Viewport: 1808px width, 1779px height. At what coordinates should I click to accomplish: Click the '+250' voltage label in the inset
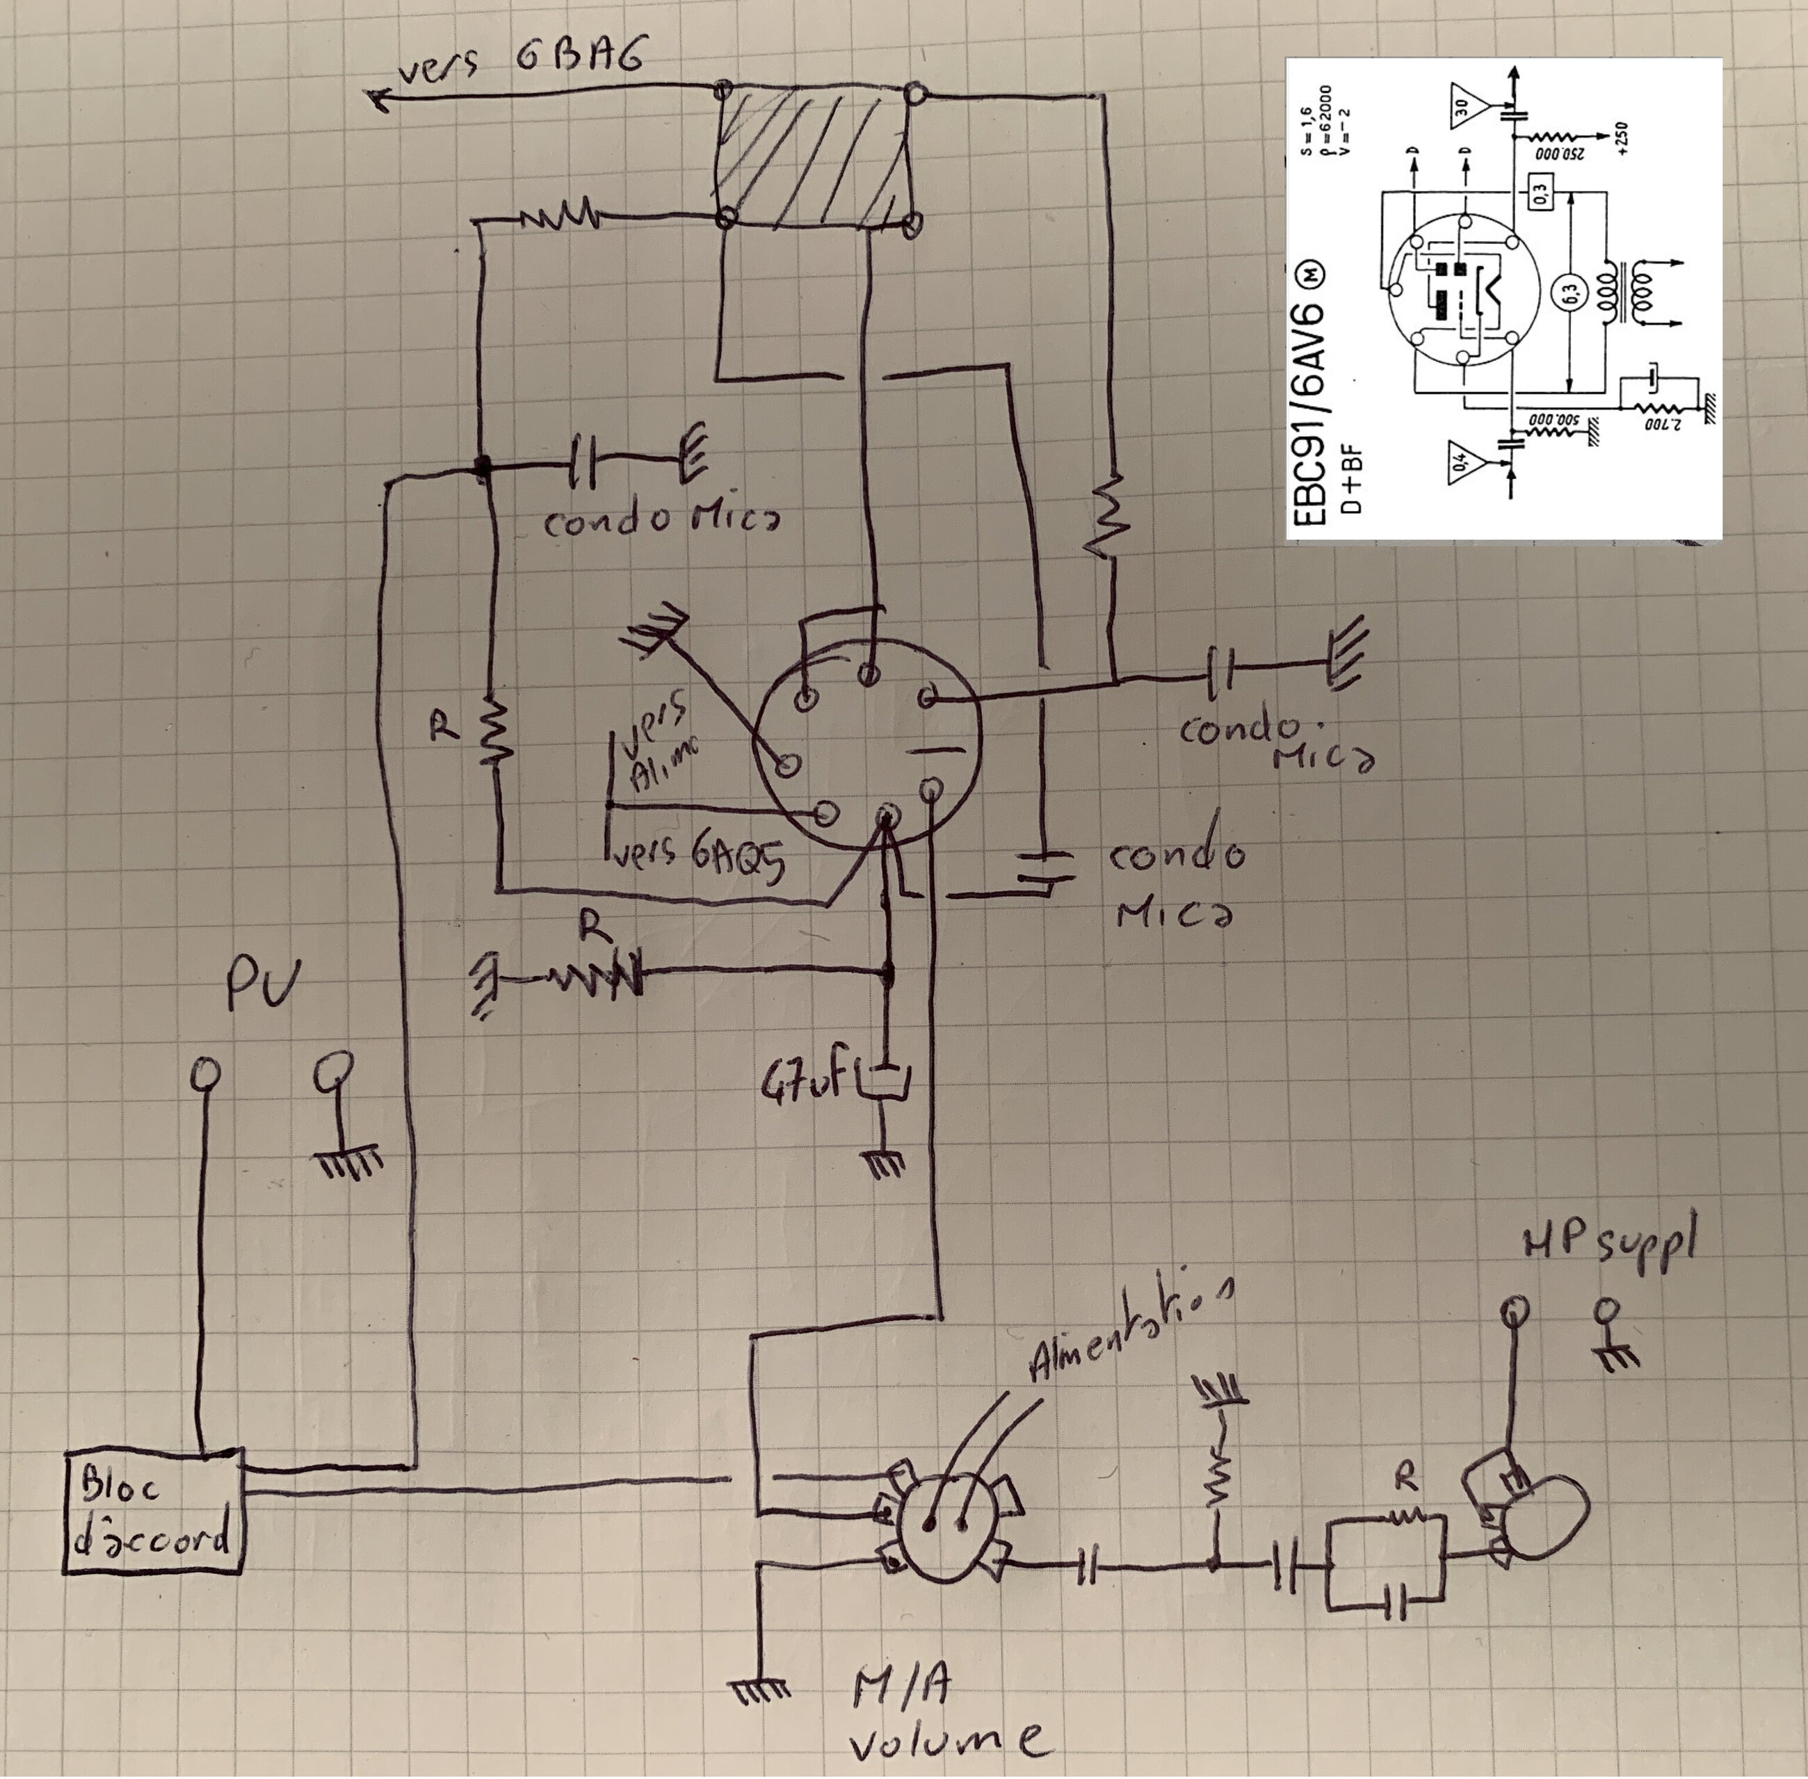point(1620,139)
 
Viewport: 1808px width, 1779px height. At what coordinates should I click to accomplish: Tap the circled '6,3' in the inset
point(1569,294)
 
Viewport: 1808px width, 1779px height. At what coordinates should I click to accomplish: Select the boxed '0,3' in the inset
point(1540,195)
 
